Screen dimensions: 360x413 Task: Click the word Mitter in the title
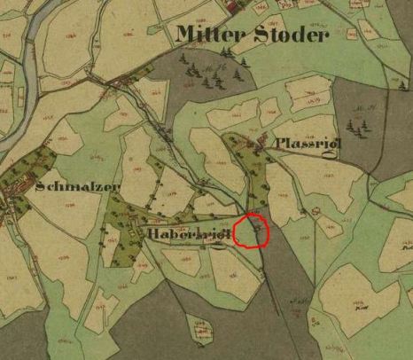point(206,35)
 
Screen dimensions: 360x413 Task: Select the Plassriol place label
point(303,144)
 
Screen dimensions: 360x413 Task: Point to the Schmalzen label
point(78,187)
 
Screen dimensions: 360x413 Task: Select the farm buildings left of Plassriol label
point(260,142)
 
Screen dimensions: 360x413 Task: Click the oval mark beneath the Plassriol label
point(312,159)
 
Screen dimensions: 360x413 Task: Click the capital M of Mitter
point(186,35)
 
